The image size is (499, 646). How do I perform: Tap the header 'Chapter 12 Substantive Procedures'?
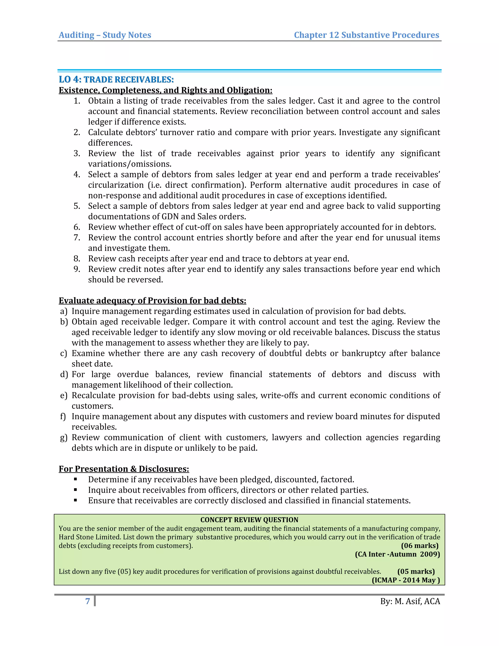coord(366,35)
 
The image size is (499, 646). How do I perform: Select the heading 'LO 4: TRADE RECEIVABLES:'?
coord(116,79)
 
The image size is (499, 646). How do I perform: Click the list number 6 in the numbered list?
coord(77,227)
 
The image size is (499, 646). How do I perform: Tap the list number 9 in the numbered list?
coord(77,269)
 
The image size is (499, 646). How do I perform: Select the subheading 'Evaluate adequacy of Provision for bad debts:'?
coord(152,301)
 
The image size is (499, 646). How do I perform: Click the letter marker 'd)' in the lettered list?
coord(64,374)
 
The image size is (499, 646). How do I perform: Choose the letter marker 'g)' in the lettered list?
coord(64,438)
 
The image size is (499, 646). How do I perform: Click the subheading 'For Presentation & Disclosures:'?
coord(124,469)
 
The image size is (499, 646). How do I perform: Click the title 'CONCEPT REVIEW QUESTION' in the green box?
coord(249,520)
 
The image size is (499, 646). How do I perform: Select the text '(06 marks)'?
coord(420,546)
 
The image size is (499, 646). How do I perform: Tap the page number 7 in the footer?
coord(87,601)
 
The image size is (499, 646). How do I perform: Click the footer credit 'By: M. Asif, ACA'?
coord(410,601)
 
